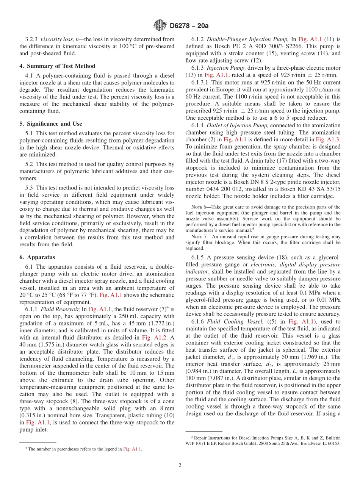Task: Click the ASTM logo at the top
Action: [160, 25]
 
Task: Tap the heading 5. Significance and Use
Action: [51, 124]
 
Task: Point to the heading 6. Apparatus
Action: [37, 257]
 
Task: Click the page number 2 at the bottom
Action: [180, 466]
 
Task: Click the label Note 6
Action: [199, 207]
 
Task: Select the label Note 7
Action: [199, 236]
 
